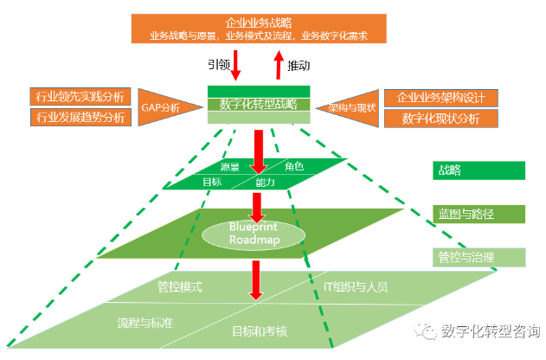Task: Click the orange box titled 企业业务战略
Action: point(257,29)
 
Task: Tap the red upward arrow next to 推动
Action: point(278,65)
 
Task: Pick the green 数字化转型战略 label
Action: point(259,104)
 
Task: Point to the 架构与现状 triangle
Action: point(352,107)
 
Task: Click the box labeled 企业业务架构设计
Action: point(441,97)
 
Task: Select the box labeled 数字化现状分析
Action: point(441,119)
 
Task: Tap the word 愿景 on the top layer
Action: point(230,167)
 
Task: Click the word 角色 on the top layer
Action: point(294,166)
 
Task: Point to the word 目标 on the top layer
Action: point(212,183)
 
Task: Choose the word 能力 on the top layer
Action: point(266,183)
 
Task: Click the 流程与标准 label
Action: point(145,322)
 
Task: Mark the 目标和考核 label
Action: point(260,331)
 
